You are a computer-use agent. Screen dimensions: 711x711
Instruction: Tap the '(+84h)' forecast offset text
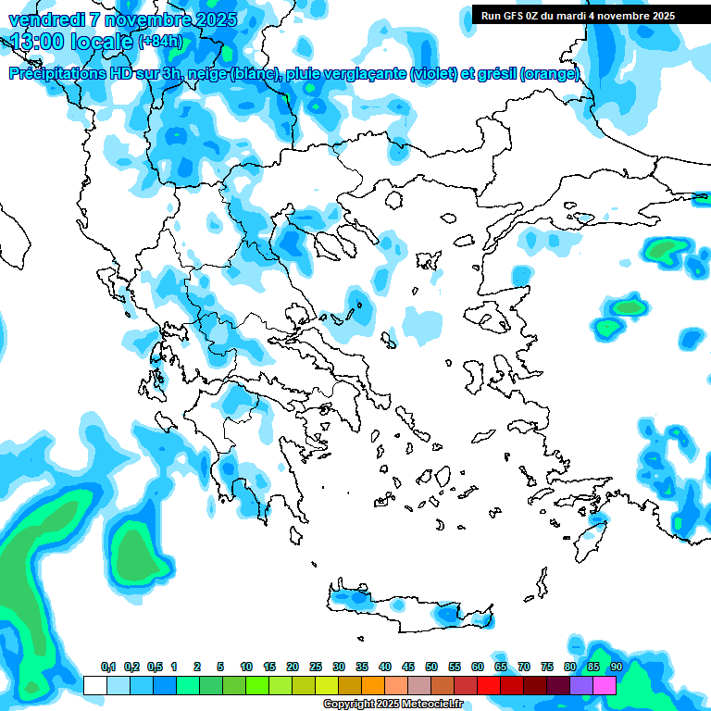click(159, 42)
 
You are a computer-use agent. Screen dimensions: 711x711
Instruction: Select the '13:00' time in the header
click(36, 42)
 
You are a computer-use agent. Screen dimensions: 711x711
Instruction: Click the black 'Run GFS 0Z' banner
click(579, 15)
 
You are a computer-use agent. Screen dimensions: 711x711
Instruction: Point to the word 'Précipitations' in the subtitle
click(56, 74)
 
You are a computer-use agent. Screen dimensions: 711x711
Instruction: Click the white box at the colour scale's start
click(95, 685)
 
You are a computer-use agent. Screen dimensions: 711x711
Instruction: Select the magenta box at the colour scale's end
click(605, 685)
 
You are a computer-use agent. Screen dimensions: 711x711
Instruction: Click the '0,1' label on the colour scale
click(107, 667)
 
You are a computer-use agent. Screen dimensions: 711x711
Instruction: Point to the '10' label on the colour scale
click(246, 667)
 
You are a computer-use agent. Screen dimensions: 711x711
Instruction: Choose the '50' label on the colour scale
click(431, 667)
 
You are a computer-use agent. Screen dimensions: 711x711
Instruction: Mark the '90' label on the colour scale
click(617, 667)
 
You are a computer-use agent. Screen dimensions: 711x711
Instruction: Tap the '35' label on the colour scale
click(362, 667)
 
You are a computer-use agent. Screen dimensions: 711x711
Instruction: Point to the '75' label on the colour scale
click(547, 667)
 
